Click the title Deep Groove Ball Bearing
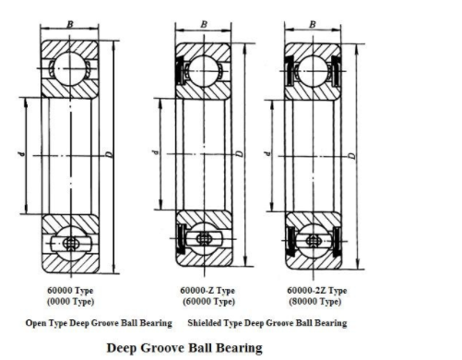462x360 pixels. point(184,348)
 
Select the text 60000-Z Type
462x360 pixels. point(207,290)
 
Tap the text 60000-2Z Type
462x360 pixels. point(316,290)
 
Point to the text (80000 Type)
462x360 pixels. point(316,301)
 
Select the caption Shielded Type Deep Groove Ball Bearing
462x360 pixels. point(267,323)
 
